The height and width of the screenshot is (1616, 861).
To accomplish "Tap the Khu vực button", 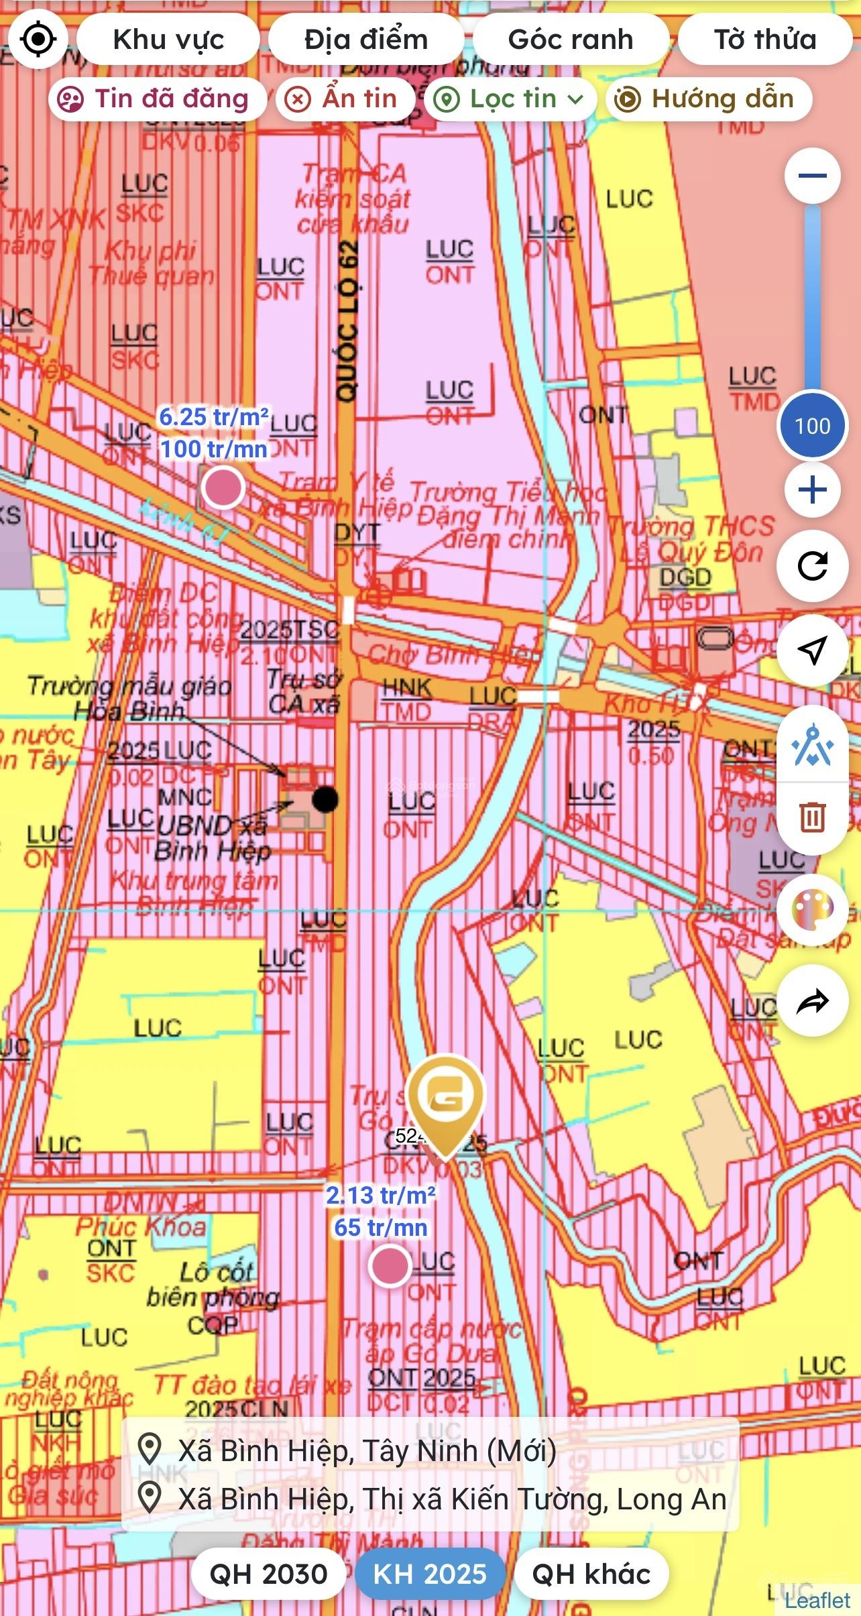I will coord(168,40).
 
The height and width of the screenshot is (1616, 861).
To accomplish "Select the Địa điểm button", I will coord(366,40).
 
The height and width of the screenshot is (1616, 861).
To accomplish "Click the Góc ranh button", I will coord(571,40).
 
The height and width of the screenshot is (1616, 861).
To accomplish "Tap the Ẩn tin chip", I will coord(345,99).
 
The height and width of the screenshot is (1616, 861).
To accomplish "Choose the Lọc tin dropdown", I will coord(510,99).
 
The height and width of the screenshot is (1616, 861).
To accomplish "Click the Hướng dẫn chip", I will coord(709,99).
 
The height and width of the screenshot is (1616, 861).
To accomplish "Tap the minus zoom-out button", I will coord(813,176).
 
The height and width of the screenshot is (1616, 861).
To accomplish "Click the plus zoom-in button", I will coord(813,490).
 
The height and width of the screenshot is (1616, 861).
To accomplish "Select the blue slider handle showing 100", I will coord(813,425).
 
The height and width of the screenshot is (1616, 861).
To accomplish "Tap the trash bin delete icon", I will coord(813,817).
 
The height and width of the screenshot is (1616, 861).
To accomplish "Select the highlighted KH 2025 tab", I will coord(430,1574).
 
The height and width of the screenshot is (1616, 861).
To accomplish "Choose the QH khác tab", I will coord(591,1574).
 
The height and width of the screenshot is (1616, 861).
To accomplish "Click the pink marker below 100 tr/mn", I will coord(223,487).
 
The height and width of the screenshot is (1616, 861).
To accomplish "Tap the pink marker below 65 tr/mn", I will coord(390,1265).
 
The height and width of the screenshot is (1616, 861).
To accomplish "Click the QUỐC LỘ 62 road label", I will coord(347,322).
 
